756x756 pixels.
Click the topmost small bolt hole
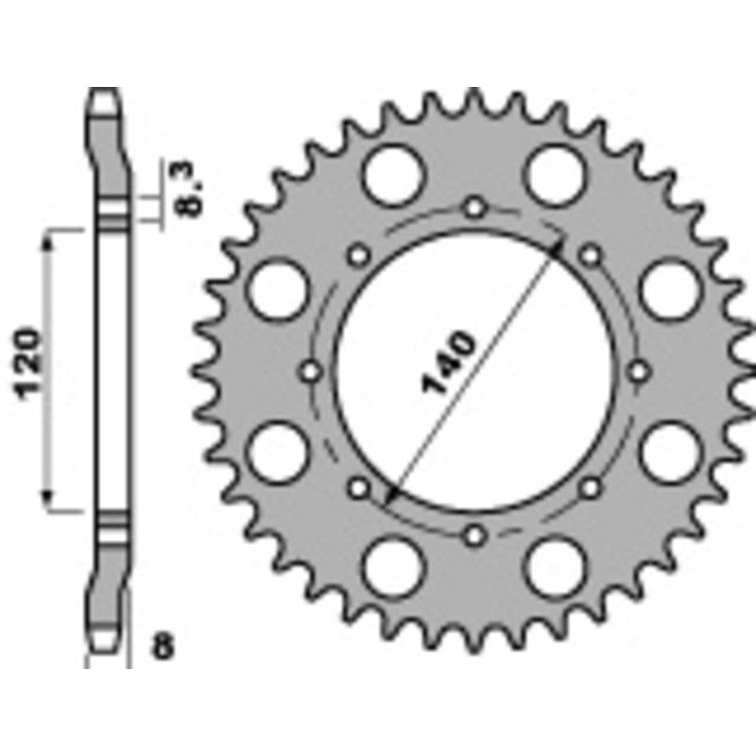click(475, 206)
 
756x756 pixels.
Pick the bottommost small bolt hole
click(475, 536)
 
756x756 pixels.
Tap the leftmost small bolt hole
click(311, 371)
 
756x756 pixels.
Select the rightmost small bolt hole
click(641, 371)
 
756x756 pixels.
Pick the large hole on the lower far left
click(282, 452)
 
